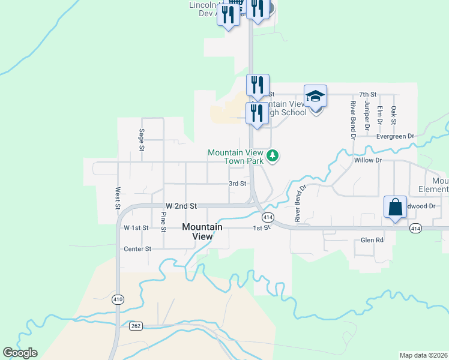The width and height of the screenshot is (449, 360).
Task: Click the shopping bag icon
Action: tap(396, 208)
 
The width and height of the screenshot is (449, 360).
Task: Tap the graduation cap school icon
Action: tap(315, 97)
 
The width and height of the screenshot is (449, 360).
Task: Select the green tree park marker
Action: tap(273, 156)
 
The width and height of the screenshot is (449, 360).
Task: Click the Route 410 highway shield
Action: tap(118, 299)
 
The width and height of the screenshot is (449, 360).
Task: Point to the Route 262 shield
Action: tap(135, 326)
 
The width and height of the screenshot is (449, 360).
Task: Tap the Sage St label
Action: tap(142, 139)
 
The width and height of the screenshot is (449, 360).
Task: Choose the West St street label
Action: tap(118, 197)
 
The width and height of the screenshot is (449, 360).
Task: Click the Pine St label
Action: tap(163, 220)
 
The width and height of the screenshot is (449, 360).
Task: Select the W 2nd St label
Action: tap(181, 205)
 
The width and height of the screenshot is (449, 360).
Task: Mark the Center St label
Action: tap(137, 248)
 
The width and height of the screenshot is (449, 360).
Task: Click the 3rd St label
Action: tap(238, 184)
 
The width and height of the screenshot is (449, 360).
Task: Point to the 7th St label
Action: tap(367, 95)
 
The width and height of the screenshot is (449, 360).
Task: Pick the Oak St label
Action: tap(394, 115)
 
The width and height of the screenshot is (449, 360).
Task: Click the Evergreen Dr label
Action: tap(396, 136)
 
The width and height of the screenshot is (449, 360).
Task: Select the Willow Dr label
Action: tap(368, 160)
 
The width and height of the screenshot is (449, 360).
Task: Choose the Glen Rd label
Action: tap(372, 240)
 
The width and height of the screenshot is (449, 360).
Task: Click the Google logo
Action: tap(20, 353)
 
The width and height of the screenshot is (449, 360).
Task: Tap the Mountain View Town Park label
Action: tap(236, 157)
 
